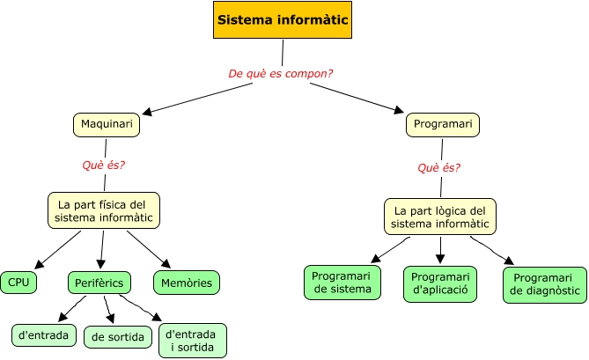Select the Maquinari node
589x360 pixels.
point(107,125)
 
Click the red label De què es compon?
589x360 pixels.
point(280,73)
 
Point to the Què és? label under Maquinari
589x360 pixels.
point(103,165)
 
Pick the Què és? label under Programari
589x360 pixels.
point(438,167)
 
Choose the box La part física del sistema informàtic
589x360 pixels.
point(104,209)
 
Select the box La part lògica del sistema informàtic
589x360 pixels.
point(439,217)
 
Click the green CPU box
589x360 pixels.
point(18,282)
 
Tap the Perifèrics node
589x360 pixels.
point(99,282)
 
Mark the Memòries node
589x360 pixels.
point(186,282)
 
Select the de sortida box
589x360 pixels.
point(118,336)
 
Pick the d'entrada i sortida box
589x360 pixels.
point(193,341)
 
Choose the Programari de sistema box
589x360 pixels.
point(343,282)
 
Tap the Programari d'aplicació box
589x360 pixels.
point(440,283)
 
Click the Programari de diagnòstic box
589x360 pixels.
point(544,284)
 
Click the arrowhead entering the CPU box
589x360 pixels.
point(38,266)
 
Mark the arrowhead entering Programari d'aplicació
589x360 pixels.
point(440,260)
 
